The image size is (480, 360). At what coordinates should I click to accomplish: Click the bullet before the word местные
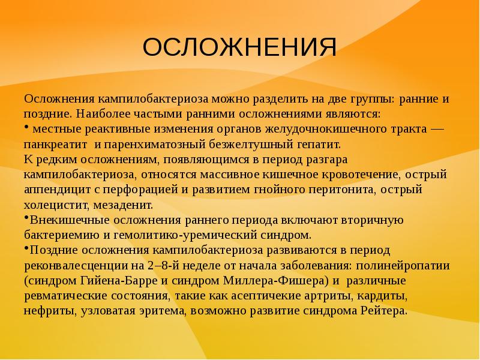[x=27, y=127]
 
